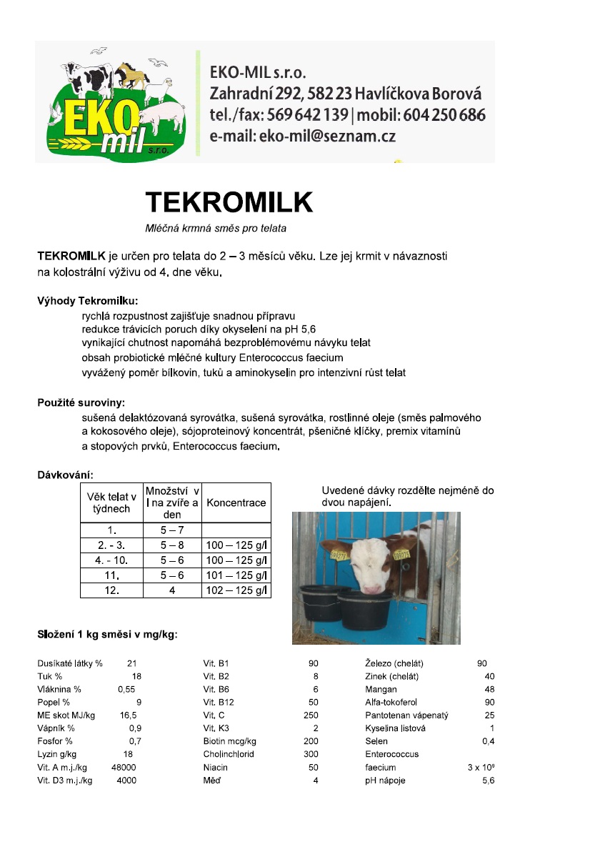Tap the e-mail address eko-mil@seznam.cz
pos(303,135)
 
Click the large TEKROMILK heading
pos(229,203)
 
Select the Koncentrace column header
pos(236,502)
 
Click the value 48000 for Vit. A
pos(124,767)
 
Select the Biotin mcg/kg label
pos(229,741)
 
